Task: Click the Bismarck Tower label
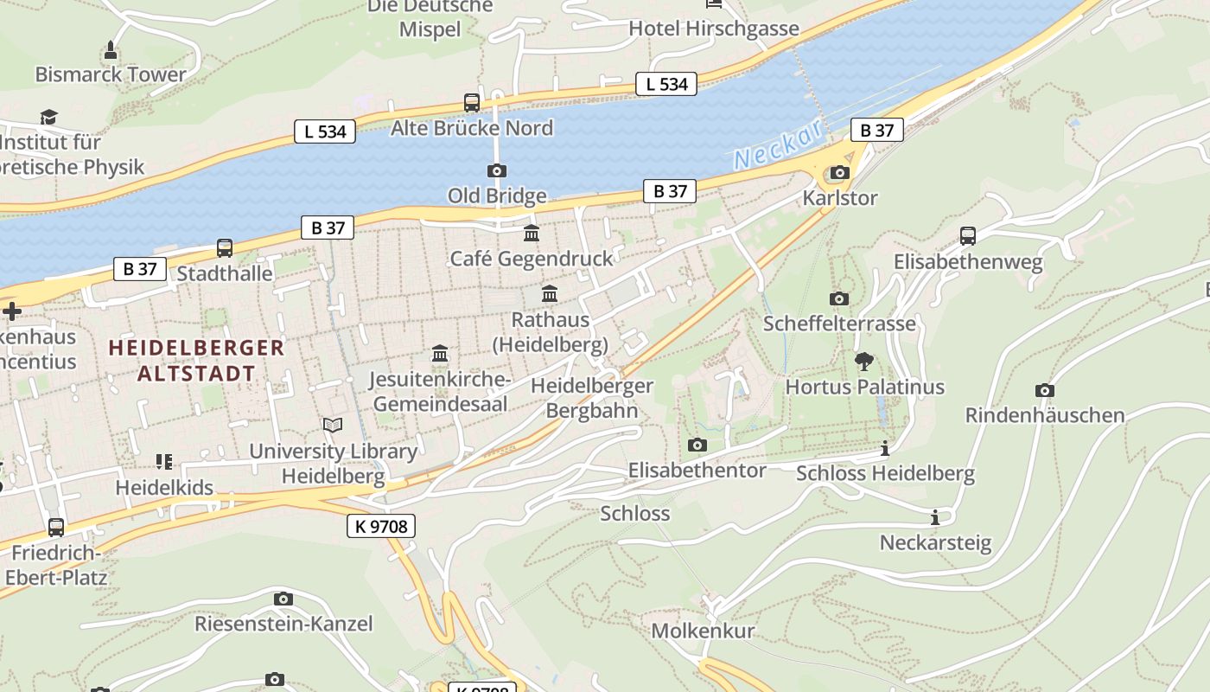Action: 111,74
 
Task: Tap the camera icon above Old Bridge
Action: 497,170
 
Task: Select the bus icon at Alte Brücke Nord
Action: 472,103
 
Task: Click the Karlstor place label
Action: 839,198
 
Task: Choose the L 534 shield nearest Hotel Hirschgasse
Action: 666,84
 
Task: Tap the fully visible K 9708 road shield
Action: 381,525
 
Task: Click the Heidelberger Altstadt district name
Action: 196,361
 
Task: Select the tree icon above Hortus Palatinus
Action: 863,362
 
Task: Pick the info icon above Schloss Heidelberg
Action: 884,448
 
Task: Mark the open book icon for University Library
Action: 333,425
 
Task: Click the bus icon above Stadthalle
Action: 225,248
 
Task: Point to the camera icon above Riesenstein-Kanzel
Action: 283,599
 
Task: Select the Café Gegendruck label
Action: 532,259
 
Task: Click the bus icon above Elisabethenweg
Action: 968,236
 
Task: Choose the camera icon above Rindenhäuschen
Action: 1044,390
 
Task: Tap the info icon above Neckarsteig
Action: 934,517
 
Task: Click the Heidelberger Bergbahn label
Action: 592,398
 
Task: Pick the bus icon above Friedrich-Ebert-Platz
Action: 56,527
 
